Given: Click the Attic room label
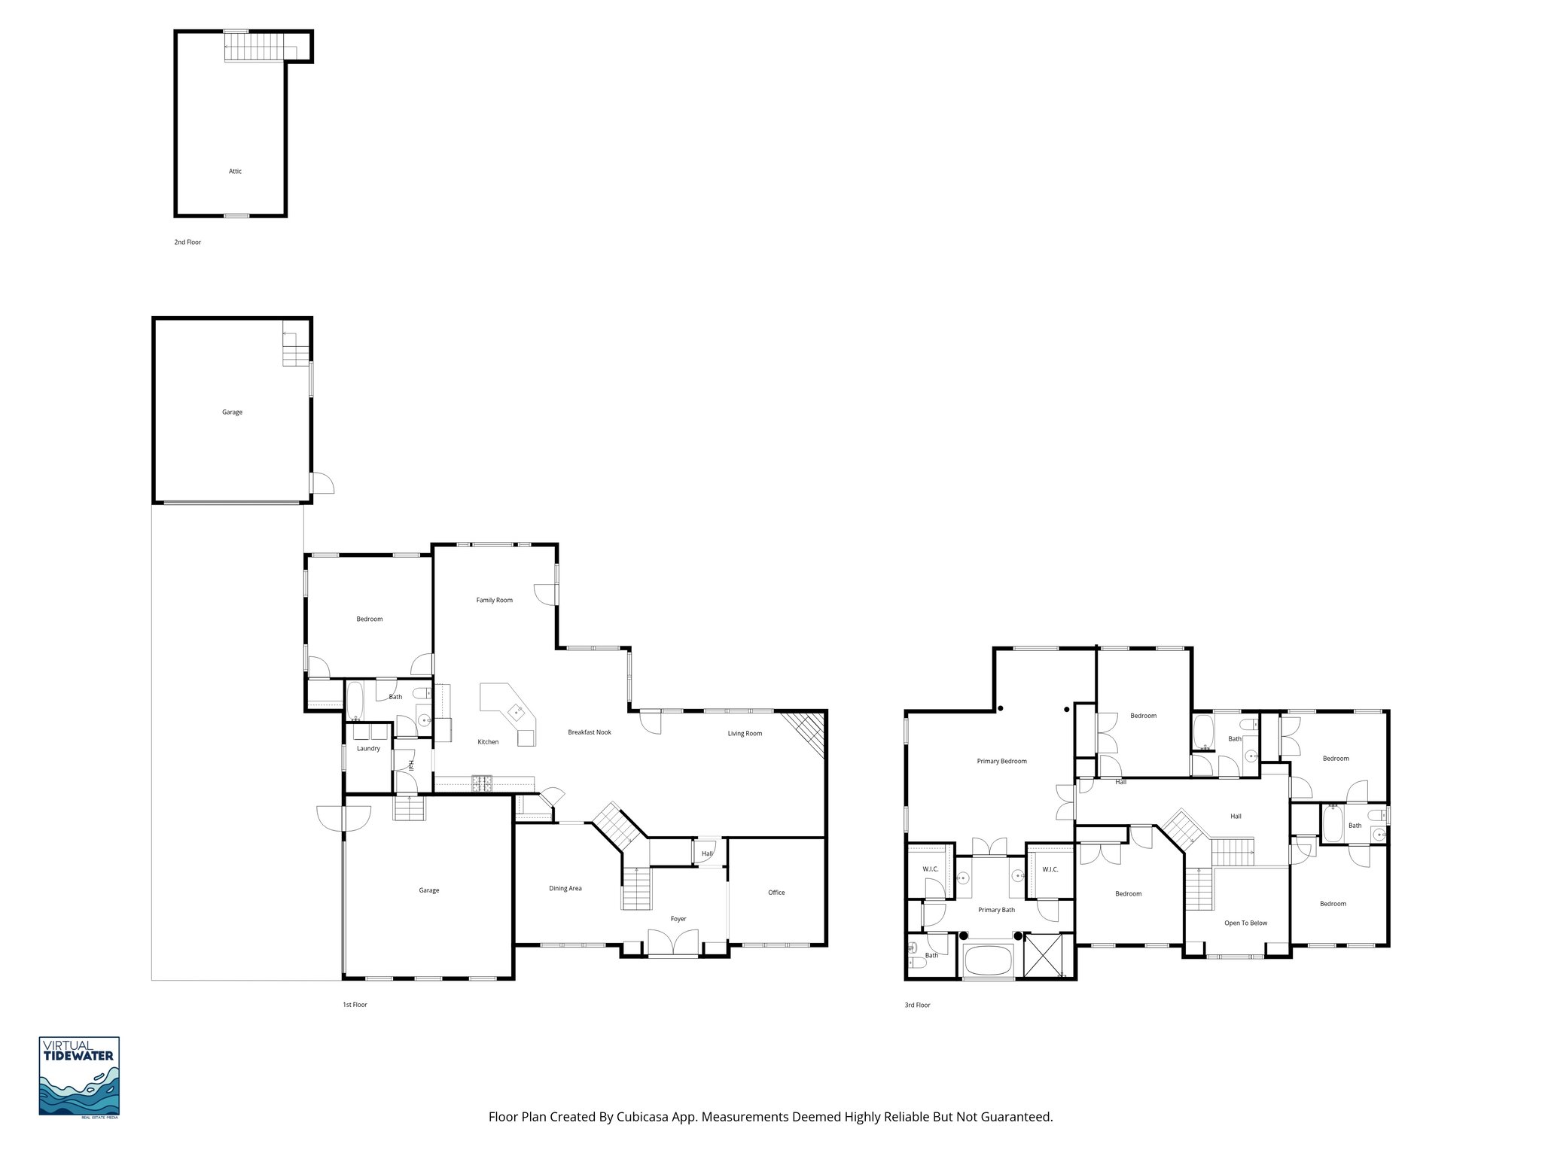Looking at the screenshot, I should tap(236, 172).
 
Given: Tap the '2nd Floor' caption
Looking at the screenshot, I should tap(187, 242).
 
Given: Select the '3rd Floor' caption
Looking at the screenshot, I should tap(917, 1005).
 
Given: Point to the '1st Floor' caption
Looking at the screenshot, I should tap(355, 1005).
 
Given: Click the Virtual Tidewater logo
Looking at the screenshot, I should tap(79, 1076).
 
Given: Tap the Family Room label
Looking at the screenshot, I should tap(494, 600).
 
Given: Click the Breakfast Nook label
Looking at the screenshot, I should tap(590, 732).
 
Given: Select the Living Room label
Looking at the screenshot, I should tap(745, 734).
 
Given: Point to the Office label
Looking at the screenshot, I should tap(776, 893).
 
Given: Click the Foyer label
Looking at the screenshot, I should tap(678, 919).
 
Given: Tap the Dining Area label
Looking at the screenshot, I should tap(565, 889).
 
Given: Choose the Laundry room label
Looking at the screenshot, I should tap(368, 749).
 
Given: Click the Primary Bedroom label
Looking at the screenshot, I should tap(1001, 761).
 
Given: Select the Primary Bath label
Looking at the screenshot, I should tap(996, 910).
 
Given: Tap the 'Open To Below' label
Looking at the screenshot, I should tap(1245, 923).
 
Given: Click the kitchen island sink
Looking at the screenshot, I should tap(517, 710).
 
